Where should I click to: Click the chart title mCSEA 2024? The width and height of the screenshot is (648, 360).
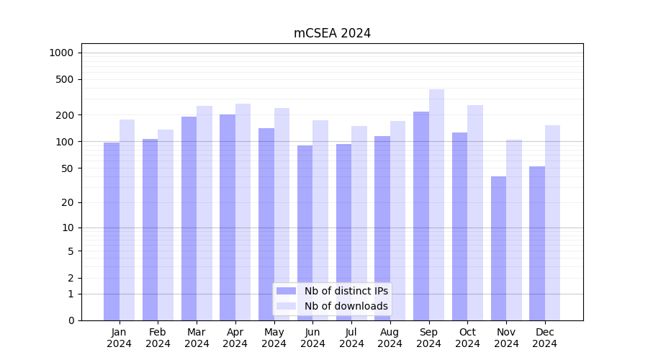332,33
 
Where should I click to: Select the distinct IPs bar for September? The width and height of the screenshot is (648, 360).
421,216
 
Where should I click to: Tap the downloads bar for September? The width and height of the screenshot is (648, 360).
436,205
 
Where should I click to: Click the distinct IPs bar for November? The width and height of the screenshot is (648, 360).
498,248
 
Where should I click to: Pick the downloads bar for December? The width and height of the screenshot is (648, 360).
552,223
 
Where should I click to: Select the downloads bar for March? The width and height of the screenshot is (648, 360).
204,213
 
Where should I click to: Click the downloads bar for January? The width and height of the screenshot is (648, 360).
127,220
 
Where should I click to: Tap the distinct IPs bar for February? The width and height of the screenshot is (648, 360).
150,230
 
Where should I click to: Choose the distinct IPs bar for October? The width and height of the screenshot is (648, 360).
459,226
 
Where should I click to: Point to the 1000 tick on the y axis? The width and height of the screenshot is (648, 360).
61,53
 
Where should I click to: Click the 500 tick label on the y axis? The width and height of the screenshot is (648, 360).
65,79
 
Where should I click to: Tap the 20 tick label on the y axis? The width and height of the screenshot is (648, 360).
68,202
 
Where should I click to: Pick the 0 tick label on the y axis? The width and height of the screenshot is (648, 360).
71,320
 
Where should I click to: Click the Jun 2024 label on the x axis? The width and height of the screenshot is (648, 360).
312,338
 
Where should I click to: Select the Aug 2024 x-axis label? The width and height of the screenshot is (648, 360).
390,338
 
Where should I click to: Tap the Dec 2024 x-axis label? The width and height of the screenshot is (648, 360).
545,338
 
